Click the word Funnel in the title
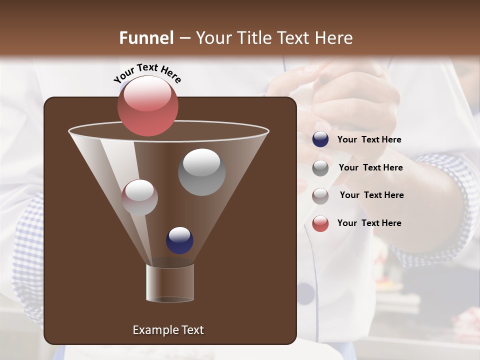click(146, 38)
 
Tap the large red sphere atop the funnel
click(147, 105)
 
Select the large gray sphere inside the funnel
click(201, 172)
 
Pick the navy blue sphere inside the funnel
click(179, 240)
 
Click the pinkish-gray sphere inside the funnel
click(139, 197)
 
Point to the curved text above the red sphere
click(147, 73)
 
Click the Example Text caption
click(168, 330)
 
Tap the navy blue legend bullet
click(320, 139)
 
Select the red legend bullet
click(320, 223)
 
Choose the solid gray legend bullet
click(320, 167)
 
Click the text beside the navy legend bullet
click(369, 140)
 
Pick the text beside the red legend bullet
click(369, 223)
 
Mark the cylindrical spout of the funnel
click(169, 282)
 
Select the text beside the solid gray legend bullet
click(370, 167)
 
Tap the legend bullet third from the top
click(320, 195)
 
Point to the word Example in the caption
click(151, 330)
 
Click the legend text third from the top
click(371, 195)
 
